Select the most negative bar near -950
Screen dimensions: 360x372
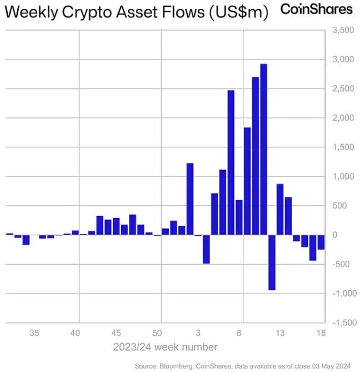[x=272, y=262]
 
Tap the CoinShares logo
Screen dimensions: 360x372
[x=317, y=9]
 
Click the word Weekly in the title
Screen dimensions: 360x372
[x=31, y=12]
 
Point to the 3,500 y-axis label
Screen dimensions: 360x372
[x=343, y=30]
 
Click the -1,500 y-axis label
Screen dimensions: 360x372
[x=344, y=323]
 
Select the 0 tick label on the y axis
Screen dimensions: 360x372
[x=335, y=235]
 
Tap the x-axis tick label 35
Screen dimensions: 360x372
[x=34, y=333]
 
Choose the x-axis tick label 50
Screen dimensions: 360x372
[x=157, y=333]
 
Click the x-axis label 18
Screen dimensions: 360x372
[x=321, y=333]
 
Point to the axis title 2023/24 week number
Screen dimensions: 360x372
[x=165, y=347]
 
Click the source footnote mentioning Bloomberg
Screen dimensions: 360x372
[x=242, y=366]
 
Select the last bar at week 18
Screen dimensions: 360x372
[x=321, y=242]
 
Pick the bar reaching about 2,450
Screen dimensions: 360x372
[x=231, y=162]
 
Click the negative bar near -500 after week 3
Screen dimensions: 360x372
[x=206, y=249]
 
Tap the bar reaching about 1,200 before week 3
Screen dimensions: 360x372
[x=190, y=199]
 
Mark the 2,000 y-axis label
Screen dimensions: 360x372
[x=343, y=118]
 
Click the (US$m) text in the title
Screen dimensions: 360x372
[x=239, y=12]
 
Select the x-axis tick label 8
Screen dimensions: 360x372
[x=239, y=333]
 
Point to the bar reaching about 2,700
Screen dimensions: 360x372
[x=255, y=156]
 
